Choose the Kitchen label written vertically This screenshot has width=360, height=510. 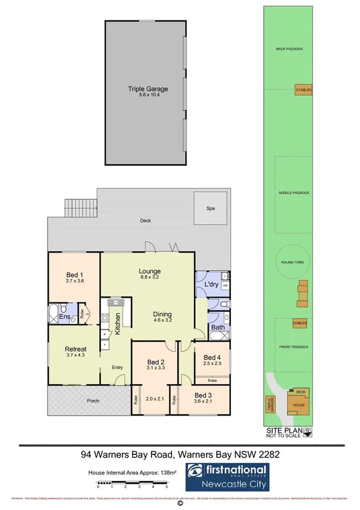click(x=118, y=324)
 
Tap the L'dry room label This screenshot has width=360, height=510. click(x=211, y=283)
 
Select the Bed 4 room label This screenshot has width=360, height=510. click(x=212, y=356)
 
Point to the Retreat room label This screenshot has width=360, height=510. click(x=76, y=349)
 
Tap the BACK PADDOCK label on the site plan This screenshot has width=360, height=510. click(x=288, y=49)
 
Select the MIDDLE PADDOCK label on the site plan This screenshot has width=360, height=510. click(x=294, y=192)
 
